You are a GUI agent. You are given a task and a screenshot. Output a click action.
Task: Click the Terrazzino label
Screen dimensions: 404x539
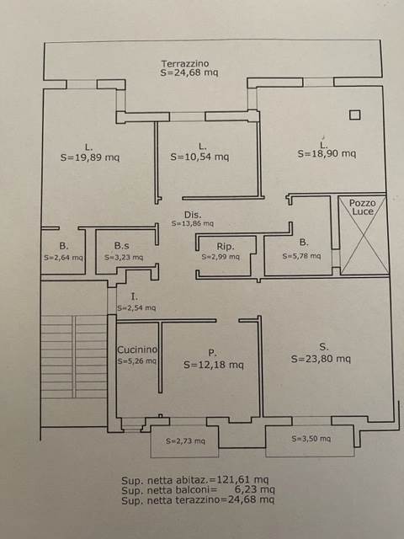point(185,64)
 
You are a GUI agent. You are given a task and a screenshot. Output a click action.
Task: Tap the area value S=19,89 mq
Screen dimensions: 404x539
point(90,157)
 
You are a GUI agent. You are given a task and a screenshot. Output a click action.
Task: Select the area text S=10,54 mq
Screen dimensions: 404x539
point(199,157)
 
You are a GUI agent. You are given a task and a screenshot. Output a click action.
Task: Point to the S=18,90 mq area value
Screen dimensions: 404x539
point(327,153)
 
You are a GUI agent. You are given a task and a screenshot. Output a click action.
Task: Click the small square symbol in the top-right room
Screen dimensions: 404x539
point(355,115)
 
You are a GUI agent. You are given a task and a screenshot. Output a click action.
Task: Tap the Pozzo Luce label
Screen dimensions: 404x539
point(363,207)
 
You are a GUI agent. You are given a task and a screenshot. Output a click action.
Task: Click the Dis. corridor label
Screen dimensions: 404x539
point(193,215)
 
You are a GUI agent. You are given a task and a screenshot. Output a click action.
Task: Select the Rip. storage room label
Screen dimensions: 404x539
point(226,247)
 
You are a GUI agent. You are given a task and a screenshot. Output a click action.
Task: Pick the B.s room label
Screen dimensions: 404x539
point(121,246)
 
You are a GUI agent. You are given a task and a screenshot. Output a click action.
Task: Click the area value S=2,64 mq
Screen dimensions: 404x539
point(63,258)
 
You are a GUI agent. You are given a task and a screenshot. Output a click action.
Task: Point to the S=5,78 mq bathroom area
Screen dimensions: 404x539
point(301,256)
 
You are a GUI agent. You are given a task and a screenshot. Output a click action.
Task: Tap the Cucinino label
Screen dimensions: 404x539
point(137,350)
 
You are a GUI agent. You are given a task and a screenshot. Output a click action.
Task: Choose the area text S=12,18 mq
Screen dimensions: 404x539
point(214,365)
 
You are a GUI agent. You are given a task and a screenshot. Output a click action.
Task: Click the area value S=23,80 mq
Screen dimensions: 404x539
point(321,359)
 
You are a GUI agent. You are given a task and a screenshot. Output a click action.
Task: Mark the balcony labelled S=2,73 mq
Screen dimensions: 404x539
point(185,441)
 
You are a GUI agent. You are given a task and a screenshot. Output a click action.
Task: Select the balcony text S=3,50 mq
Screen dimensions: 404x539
point(311,439)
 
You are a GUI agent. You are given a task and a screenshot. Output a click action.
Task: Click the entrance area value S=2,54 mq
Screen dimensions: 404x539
point(136,308)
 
